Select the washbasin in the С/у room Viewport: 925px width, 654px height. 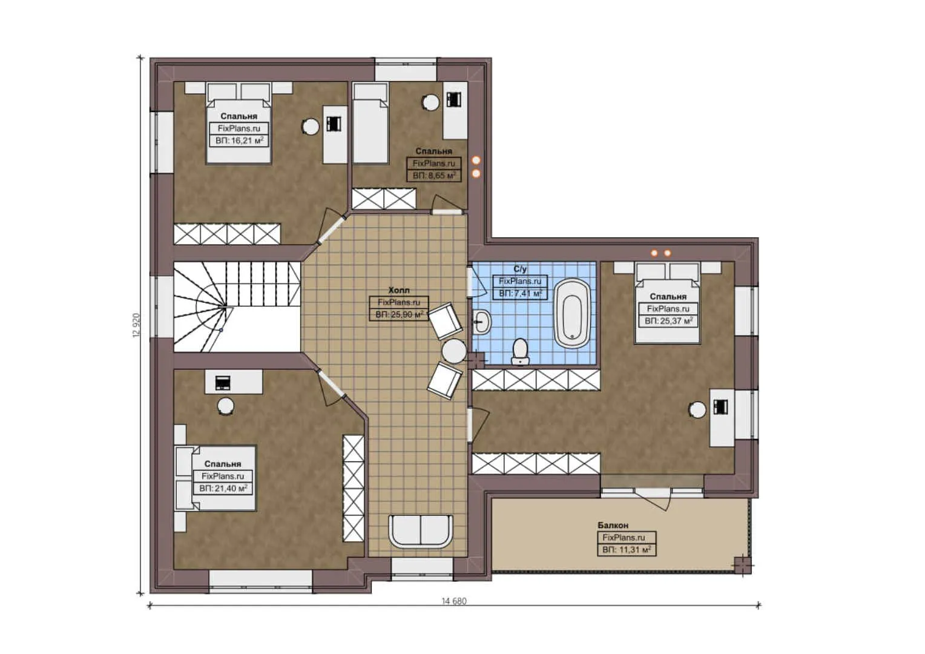482,322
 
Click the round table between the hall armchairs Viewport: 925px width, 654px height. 453,351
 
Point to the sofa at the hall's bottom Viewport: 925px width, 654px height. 421,531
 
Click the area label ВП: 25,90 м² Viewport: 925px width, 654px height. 399,315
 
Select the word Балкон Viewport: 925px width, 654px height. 613,526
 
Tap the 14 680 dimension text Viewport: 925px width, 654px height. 454,601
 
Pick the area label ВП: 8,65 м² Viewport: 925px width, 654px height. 433,176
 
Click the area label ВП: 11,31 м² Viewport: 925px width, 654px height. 626,550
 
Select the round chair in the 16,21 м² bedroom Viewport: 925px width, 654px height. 311,127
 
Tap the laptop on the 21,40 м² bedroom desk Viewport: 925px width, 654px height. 223,383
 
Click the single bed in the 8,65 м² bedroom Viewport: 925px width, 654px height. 370,124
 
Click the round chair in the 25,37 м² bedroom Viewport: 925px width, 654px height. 697,410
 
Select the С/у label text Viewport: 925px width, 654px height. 520,269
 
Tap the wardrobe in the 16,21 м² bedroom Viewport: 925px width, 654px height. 227,234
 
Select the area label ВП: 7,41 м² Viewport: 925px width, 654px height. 520,293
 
